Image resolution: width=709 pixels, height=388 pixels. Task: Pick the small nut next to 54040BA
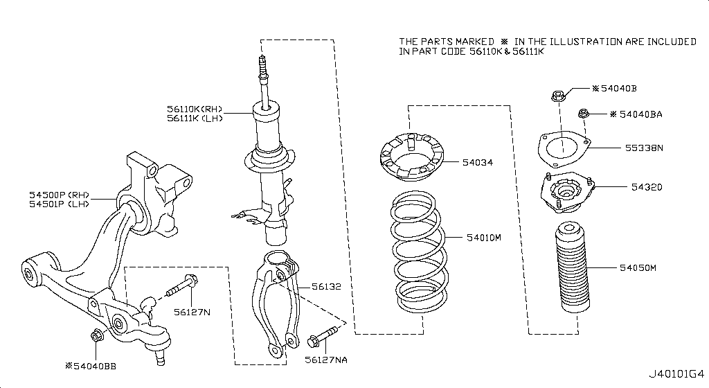click(583, 114)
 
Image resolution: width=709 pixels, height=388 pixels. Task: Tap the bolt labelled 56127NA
click(323, 339)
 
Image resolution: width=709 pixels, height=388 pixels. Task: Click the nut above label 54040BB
click(97, 336)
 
